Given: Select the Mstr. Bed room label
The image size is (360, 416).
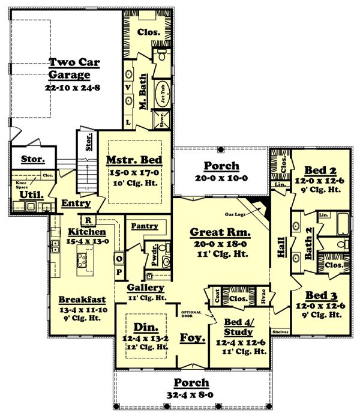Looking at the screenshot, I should click(134, 161).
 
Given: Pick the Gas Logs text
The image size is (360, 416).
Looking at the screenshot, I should click(237, 214).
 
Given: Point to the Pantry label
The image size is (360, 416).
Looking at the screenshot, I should click(145, 226).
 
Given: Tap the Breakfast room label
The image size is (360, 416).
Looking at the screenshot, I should click(82, 299).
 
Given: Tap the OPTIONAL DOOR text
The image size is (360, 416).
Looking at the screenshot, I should click(191, 313).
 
